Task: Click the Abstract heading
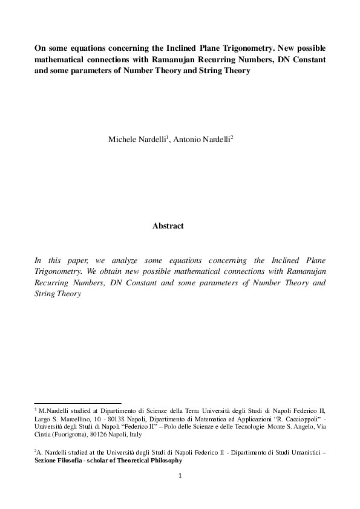tap(168, 226)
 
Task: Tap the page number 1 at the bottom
tap(180, 476)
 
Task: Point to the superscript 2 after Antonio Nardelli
tap(232, 137)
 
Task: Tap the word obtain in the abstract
tap(106, 271)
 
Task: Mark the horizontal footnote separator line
tap(78, 403)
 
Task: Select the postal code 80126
tap(105, 433)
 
